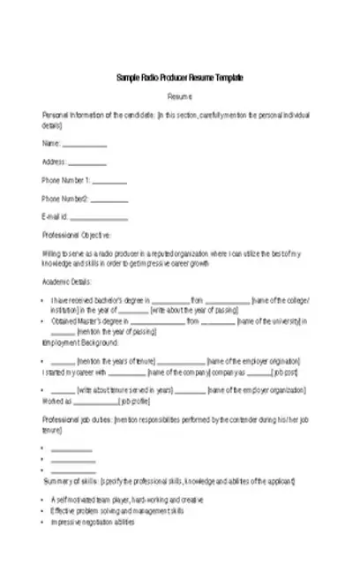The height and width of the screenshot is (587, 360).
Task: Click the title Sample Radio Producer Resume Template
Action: click(x=180, y=79)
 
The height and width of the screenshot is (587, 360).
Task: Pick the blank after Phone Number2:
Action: click(x=108, y=199)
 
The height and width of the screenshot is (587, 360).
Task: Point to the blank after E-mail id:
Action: click(x=99, y=218)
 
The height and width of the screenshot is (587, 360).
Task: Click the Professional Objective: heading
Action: click(x=78, y=236)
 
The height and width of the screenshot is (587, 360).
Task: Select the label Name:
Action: click(x=51, y=144)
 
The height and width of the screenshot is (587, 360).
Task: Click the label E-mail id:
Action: click(x=56, y=217)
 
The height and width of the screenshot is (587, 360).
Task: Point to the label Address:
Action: click(x=55, y=162)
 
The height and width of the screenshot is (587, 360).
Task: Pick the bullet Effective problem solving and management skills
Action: click(x=117, y=511)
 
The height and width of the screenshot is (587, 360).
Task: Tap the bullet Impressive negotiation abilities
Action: click(x=93, y=522)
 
